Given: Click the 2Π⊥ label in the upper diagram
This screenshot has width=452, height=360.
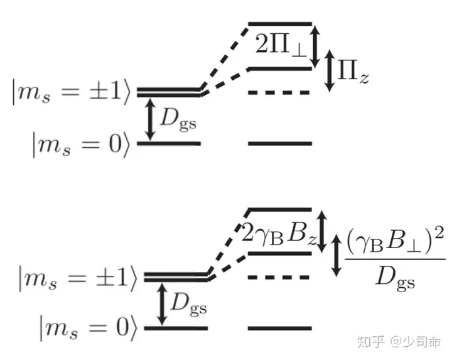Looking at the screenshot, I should tap(280, 46).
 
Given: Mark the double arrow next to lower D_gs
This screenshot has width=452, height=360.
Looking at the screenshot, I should tap(161, 303).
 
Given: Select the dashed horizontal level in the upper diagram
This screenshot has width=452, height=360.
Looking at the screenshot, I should tap(279, 93).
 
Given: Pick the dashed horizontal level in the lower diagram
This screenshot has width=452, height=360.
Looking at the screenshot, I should tap(279, 277).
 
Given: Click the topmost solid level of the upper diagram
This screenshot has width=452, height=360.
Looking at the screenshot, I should tap(279, 24).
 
